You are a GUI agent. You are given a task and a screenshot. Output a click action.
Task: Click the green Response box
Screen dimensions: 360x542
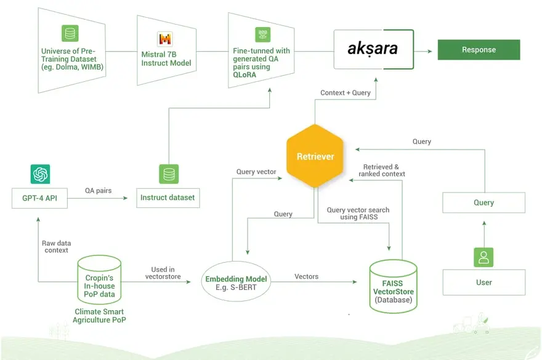point(479,50)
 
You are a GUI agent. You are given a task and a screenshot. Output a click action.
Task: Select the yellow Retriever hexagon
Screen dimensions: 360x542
point(315,156)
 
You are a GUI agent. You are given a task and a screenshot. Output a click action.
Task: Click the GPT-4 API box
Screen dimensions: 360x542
point(40,198)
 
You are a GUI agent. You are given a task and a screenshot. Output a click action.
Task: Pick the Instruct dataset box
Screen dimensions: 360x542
point(168,198)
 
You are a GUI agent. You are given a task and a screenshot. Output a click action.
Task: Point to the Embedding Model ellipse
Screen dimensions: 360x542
point(238,283)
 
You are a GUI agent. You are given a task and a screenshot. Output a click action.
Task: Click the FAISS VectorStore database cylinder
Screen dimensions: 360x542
point(392,284)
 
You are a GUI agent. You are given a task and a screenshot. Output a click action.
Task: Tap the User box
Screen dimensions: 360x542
point(483,282)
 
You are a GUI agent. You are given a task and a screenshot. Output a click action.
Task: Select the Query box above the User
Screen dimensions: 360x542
point(483,202)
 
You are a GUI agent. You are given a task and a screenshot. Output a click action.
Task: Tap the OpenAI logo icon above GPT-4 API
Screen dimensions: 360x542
point(40,174)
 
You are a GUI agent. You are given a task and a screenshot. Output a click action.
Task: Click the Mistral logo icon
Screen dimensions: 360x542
point(166,39)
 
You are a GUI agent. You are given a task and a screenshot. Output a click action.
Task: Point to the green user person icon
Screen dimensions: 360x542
point(483,257)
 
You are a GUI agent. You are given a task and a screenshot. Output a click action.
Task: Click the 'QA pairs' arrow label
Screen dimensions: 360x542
point(99,191)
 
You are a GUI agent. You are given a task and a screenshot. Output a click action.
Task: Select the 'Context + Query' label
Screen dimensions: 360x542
point(346,93)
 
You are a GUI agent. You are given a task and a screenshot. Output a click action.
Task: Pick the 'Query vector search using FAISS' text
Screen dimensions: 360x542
point(358,214)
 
